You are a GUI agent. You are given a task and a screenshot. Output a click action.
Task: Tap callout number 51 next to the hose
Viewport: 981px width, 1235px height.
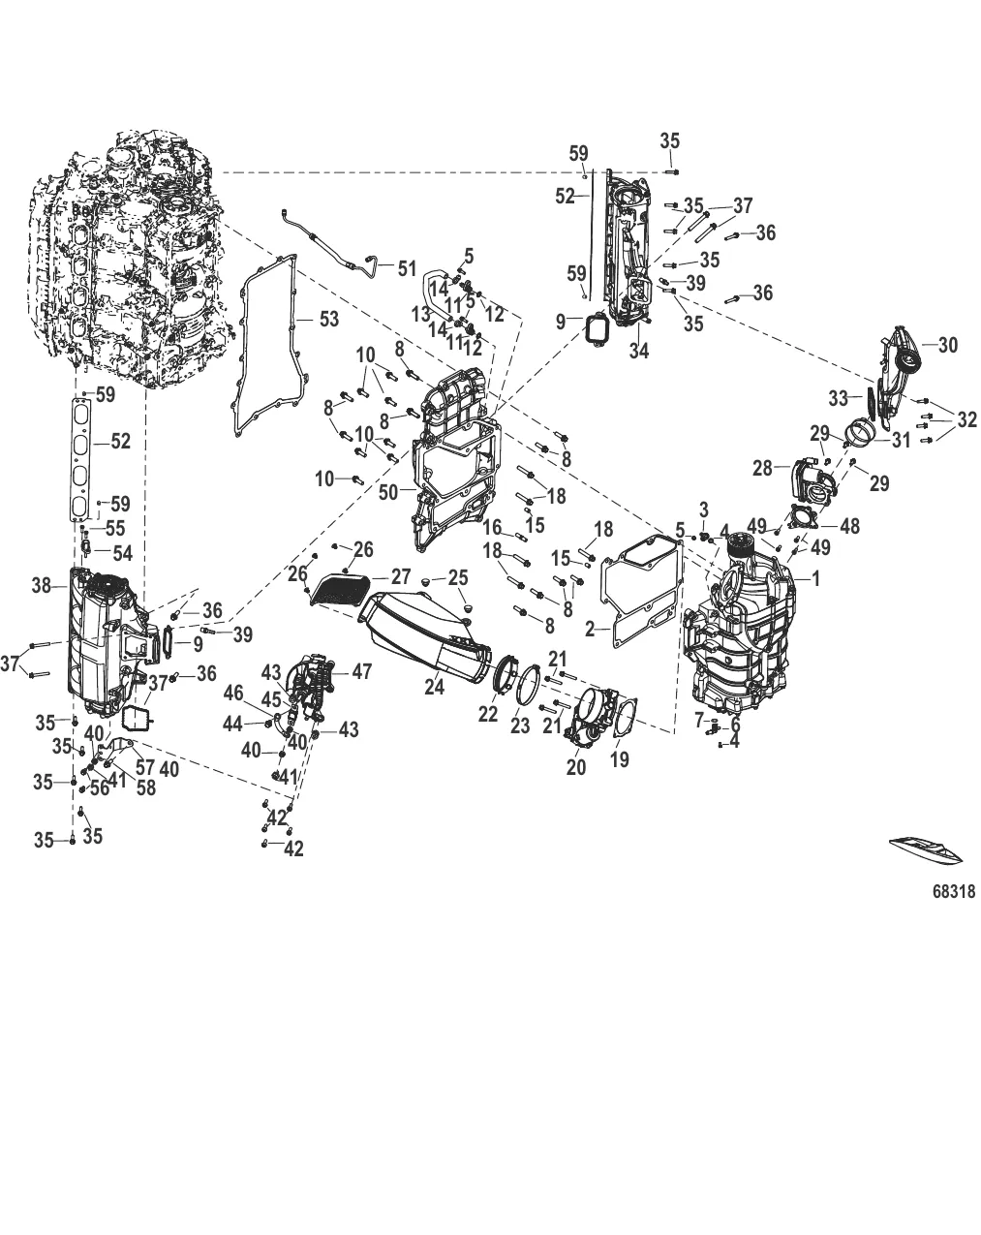[406, 268]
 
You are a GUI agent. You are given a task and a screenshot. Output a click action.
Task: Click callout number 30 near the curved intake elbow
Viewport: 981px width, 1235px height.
[947, 346]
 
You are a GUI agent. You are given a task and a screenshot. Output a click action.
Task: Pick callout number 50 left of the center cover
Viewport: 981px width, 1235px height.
[390, 492]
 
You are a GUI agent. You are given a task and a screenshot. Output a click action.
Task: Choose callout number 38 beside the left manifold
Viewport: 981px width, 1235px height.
[41, 585]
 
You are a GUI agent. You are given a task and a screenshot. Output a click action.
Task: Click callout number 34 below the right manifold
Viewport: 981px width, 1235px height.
[638, 352]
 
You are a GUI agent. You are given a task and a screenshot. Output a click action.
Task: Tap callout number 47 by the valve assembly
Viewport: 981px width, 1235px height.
[361, 671]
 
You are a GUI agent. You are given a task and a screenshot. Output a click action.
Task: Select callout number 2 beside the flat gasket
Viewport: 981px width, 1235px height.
[590, 628]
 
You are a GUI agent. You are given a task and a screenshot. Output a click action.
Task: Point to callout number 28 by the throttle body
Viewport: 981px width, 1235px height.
[762, 469]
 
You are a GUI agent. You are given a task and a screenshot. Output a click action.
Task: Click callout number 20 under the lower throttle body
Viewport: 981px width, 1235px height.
[576, 767]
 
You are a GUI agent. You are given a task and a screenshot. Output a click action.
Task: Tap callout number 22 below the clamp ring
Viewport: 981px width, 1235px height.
[487, 713]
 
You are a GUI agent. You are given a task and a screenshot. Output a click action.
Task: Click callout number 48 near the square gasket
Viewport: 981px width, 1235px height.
[849, 526]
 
